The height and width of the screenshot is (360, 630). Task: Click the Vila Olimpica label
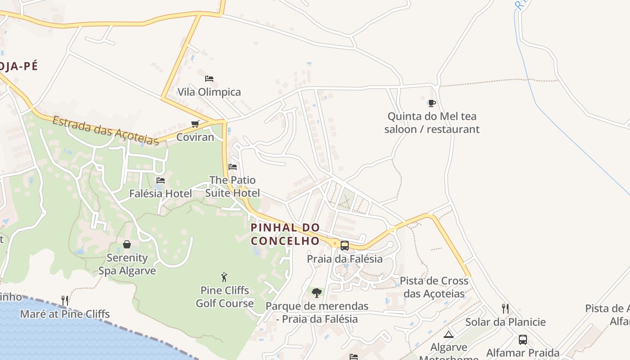pos(209,92)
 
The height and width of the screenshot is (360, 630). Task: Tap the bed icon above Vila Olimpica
pos(209,78)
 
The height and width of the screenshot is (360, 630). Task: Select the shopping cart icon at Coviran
pos(195,124)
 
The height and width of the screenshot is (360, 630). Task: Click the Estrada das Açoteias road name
pos(106,130)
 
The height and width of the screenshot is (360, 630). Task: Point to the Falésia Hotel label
pos(161,193)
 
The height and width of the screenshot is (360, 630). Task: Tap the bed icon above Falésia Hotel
pos(160,180)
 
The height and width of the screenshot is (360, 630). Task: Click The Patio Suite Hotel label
pos(233,186)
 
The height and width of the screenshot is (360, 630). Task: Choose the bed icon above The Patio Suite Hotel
pos(233,166)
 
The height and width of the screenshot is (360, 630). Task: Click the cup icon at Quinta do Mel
pos(432,103)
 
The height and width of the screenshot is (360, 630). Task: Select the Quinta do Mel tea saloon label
pos(432,123)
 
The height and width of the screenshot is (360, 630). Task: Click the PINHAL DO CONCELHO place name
pos(285,234)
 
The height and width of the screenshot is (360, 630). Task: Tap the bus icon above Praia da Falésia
pos(345,245)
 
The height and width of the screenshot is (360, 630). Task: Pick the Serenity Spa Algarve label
pos(127,264)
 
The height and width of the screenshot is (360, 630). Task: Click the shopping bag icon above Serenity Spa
pos(127,244)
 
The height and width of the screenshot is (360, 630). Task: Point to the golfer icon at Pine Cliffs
pos(224,277)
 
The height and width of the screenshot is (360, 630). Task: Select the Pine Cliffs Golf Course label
pos(225,297)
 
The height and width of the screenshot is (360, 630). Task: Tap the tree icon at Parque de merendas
pos(317,293)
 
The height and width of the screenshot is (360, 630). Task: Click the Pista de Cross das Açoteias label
pos(434,287)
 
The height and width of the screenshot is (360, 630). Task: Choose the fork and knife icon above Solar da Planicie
pos(505,309)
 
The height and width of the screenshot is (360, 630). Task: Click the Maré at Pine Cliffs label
pos(65,314)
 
